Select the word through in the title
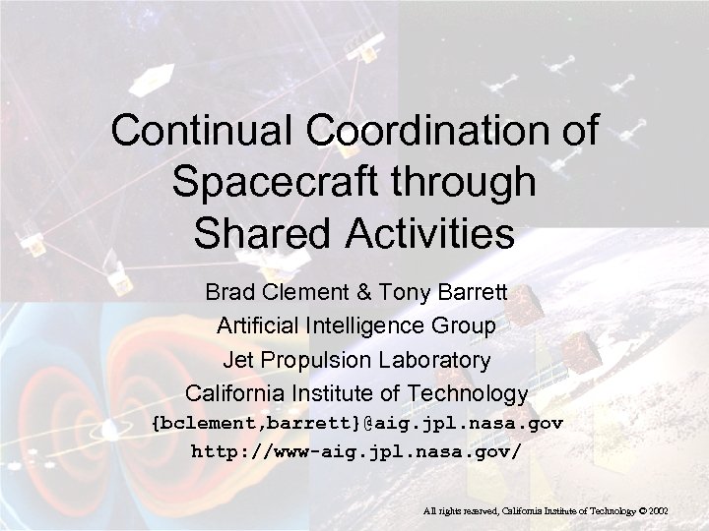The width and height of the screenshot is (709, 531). click(472, 184)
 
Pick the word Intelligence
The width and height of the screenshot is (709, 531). click(368, 325)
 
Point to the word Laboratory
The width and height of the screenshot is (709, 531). click(434, 359)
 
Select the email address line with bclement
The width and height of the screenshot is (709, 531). click(356, 424)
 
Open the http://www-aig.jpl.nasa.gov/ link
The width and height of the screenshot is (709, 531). click(356, 453)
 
